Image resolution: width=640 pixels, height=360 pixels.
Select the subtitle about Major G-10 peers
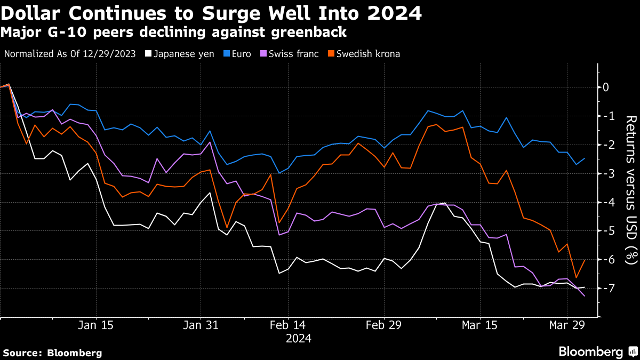tap(174, 33)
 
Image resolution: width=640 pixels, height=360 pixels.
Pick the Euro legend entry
tap(241, 54)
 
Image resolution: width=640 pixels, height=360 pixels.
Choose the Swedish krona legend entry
tap(366, 54)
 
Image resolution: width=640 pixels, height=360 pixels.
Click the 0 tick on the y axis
tap(605, 87)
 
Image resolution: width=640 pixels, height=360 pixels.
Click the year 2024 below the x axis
tap(299, 338)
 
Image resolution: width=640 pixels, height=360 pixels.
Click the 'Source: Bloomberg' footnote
tap(52, 353)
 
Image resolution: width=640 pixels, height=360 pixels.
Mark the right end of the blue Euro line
tap(585, 158)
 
